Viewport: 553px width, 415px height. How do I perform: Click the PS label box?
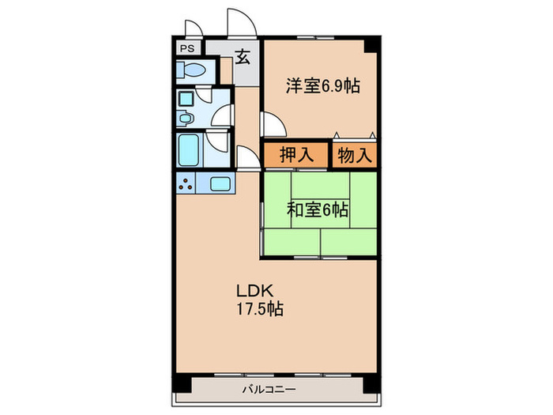point(187,47)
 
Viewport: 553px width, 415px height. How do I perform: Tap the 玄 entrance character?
point(243,58)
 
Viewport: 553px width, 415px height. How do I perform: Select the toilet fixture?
point(192,71)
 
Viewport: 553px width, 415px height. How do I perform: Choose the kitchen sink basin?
point(220,185)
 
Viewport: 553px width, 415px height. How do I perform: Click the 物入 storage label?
point(354,154)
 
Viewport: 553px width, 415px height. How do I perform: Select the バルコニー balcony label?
point(269,390)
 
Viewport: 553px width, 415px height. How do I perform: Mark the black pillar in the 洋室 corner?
point(370,45)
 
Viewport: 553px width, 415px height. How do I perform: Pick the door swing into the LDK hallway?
point(246,157)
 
